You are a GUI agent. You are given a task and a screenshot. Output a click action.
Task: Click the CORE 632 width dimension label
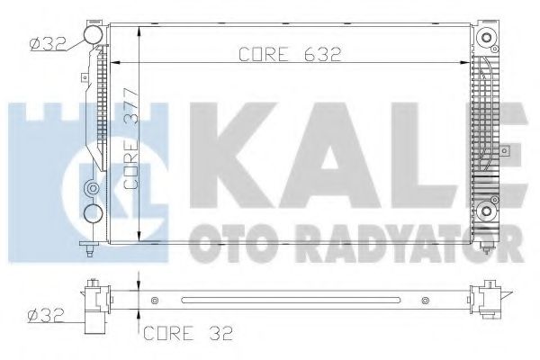pos(289,55)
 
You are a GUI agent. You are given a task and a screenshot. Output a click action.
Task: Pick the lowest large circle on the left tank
pos(93,214)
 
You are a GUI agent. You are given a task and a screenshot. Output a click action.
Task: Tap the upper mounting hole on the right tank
pos(487,39)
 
